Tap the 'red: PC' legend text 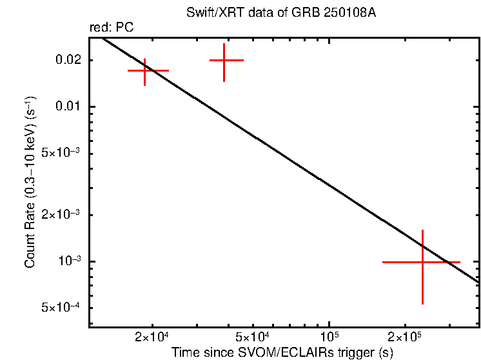(111, 28)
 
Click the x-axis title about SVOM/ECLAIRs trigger (282, 352)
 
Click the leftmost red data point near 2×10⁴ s (145, 70)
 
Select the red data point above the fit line (224, 60)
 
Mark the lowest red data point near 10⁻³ (422, 262)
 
